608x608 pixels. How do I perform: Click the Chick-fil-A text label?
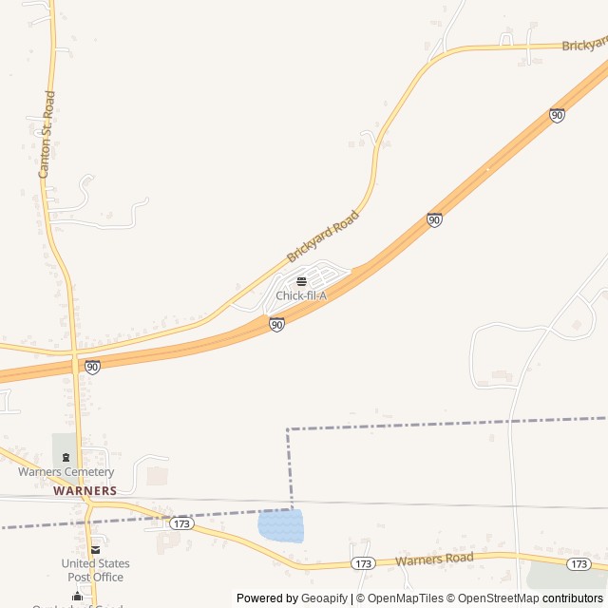click(301, 295)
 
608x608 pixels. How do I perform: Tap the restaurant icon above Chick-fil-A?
click(301, 281)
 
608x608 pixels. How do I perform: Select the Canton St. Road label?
click(47, 135)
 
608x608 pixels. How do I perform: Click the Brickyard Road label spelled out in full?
click(323, 237)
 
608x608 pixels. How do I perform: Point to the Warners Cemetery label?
click(66, 472)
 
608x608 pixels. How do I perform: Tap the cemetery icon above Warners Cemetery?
click(66, 458)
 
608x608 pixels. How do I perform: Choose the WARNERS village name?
click(85, 491)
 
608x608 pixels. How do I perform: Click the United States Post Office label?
click(95, 570)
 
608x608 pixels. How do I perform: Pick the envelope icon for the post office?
click(95, 550)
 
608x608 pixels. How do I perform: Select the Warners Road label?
click(434, 559)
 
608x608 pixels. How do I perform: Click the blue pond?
click(280, 525)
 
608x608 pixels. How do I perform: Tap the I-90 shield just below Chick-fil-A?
click(276, 325)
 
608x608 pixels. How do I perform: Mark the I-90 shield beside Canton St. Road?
click(92, 367)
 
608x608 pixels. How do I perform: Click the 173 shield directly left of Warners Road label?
click(362, 563)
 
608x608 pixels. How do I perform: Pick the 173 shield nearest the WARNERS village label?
click(182, 523)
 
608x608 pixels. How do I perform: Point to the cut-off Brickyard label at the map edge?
click(584, 45)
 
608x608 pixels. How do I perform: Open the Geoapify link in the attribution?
click(325, 598)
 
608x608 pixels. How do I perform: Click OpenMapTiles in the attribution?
click(400, 598)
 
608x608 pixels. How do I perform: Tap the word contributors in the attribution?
click(573, 598)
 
